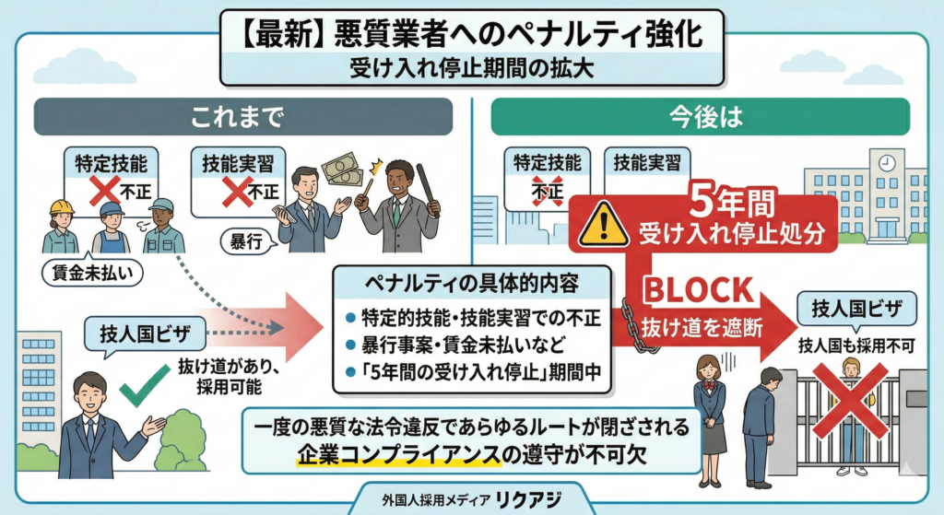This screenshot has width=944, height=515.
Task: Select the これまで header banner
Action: click(x=242, y=118)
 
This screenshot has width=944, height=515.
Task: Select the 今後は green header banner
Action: click(x=700, y=118)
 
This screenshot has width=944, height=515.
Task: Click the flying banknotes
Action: click(x=343, y=168)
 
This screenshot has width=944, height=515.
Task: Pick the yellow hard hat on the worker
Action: click(x=62, y=206)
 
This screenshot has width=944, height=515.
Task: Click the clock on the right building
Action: click(x=888, y=162)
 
